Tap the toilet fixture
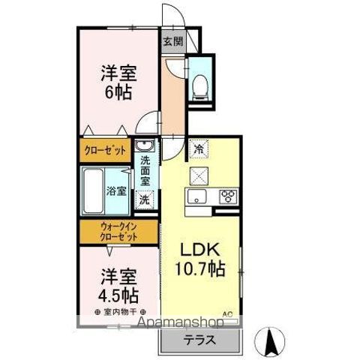[199, 86]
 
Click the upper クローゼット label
[104, 151]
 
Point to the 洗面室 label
[145, 169]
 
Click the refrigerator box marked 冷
[198, 149]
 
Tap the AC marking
[226, 313]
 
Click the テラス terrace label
[199, 340]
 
